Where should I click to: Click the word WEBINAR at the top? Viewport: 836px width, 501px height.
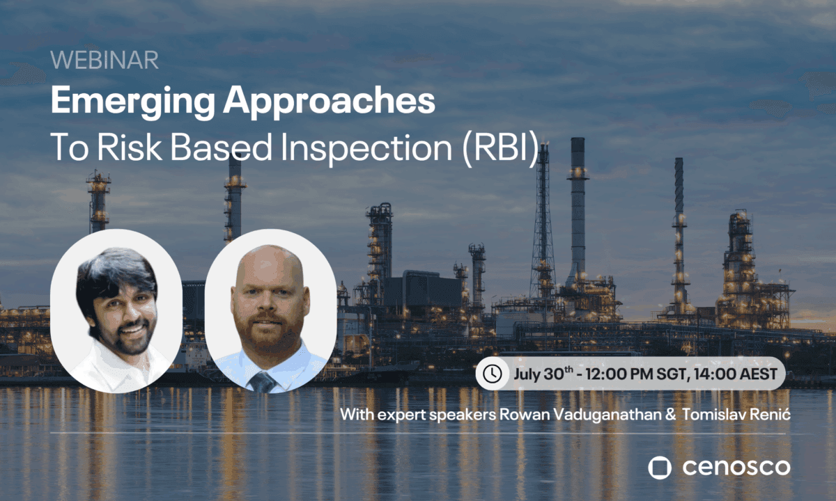point(104,61)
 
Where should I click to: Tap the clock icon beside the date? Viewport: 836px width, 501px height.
point(493,374)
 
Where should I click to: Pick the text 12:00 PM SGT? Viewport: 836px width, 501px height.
point(636,374)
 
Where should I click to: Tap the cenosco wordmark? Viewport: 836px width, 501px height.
point(736,468)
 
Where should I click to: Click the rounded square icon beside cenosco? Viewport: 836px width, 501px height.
point(660,468)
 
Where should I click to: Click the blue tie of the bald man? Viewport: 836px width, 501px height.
point(263,381)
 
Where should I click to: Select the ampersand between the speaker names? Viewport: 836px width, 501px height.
point(670,415)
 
